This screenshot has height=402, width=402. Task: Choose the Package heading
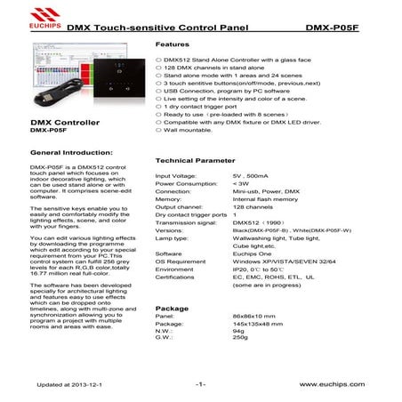(x=172, y=308)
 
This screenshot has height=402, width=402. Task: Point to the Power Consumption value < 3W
(x=241, y=183)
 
